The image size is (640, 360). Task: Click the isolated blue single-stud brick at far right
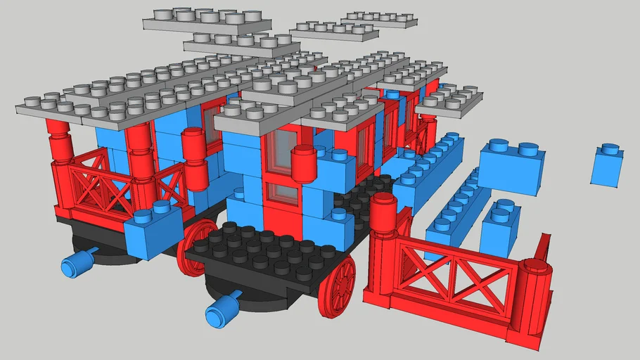(606, 167)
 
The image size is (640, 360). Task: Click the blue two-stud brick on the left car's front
(153, 232)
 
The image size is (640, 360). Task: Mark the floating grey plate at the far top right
(380, 19)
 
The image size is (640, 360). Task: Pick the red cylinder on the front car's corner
(303, 164)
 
